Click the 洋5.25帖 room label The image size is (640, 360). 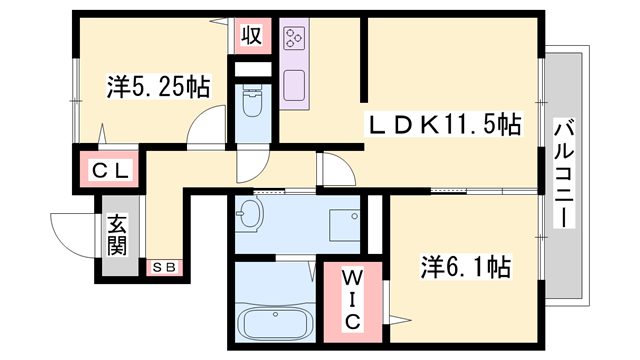(x=158, y=88)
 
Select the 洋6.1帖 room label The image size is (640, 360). (x=465, y=267)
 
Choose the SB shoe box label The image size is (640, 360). (x=165, y=267)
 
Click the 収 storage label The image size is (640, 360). (x=251, y=37)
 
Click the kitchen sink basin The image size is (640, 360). (x=297, y=86)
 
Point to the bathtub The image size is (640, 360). (x=274, y=325)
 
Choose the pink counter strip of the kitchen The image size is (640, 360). (x=297, y=65)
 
